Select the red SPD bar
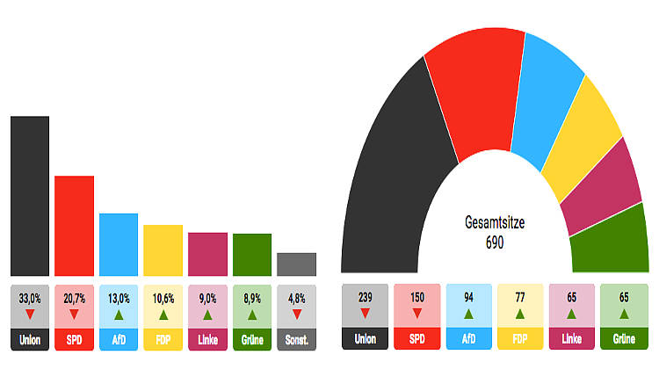(x=74, y=225)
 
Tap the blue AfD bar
(x=118, y=244)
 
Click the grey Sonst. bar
(x=296, y=264)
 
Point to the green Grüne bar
(x=252, y=254)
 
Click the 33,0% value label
(x=30, y=297)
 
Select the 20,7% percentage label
(x=74, y=297)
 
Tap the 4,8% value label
(x=296, y=297)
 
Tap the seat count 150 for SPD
(x=417, y=297)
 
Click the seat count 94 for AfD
(x=469, y=297)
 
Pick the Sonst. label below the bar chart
(x=296, y=339)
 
